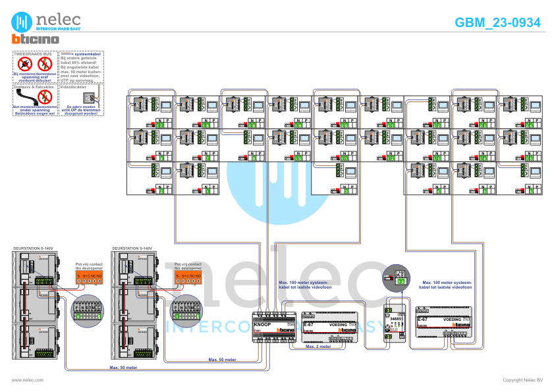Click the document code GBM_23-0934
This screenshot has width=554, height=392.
click(x=497, y=22)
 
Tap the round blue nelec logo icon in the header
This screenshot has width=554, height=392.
click(x=23, y=22)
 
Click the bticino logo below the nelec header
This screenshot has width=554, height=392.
click(x=35, y=39)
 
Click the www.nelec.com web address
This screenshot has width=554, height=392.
click(x=28, y=380)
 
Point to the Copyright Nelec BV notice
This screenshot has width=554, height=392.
click(x=522, y=380)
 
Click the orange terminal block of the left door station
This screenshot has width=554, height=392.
click(x=88, y=279)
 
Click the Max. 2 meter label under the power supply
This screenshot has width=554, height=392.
click(x=318, y=345)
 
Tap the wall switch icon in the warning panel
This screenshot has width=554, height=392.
click(x=90, y=101)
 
